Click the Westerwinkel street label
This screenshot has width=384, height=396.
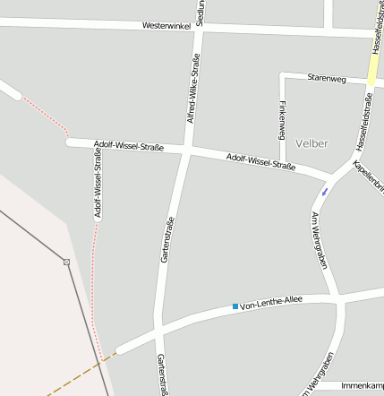pos(167,26)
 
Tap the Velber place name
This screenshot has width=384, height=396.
pos(311,143)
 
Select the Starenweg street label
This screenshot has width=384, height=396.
pos(327,78)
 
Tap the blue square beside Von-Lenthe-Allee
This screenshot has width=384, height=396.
pos(235,307)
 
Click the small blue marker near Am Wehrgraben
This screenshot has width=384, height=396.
pos(324,191)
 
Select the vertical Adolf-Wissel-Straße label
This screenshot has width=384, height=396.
pos(98,184)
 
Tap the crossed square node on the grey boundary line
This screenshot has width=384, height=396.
pos(66,262)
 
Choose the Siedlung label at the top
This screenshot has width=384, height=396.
pos(200,12)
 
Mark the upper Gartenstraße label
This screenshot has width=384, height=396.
pos(166,240)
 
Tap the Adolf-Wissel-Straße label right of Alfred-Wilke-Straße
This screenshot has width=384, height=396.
pos(261,161)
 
